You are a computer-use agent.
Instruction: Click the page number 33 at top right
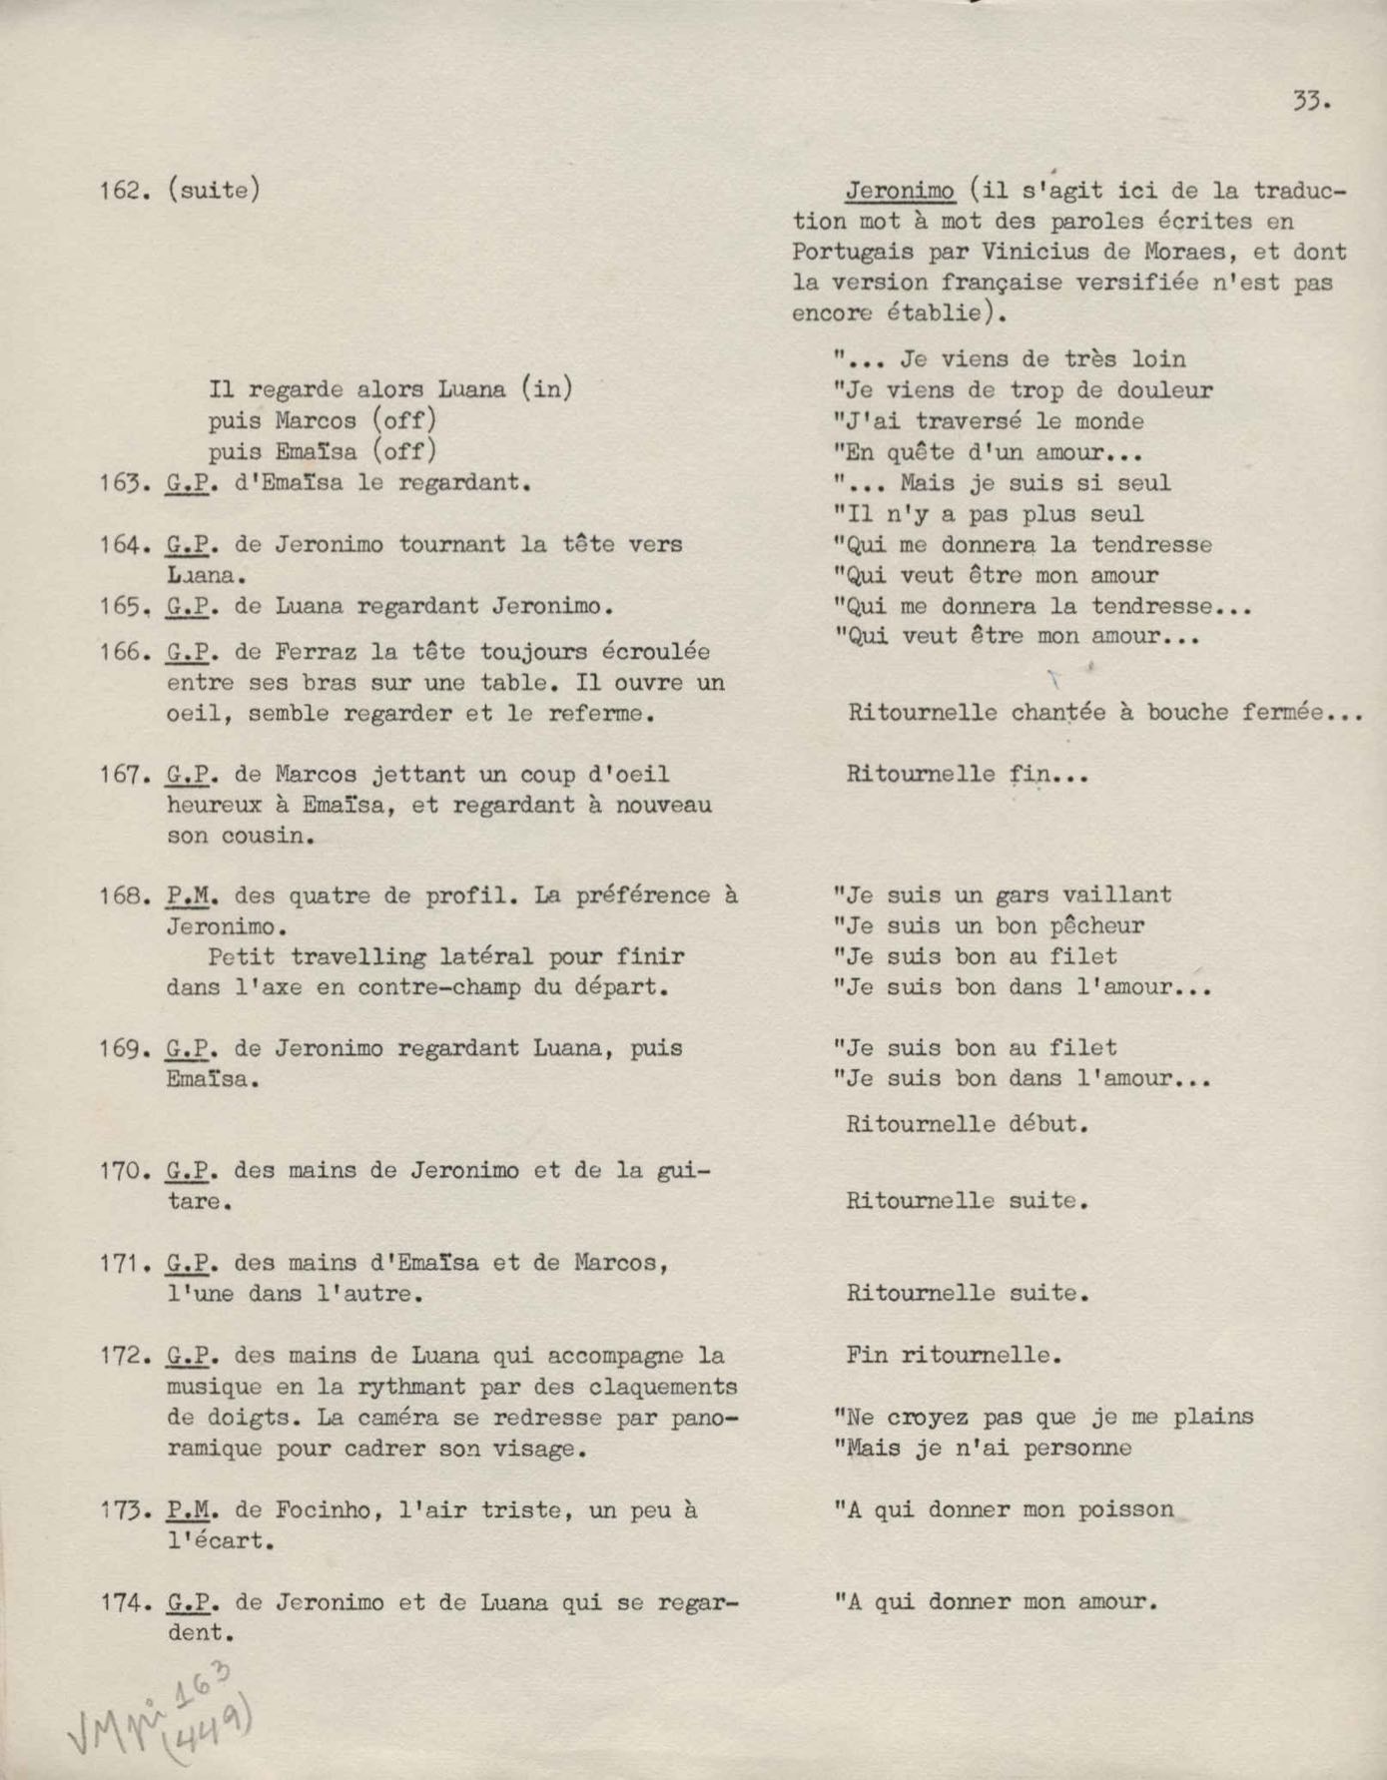pyautogui.click(x=1311, y=101)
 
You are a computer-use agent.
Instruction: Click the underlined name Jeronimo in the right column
pyautogui.click(x=900, y=190)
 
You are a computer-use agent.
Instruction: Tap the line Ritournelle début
pyautogui.click(x=966, y=1124)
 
